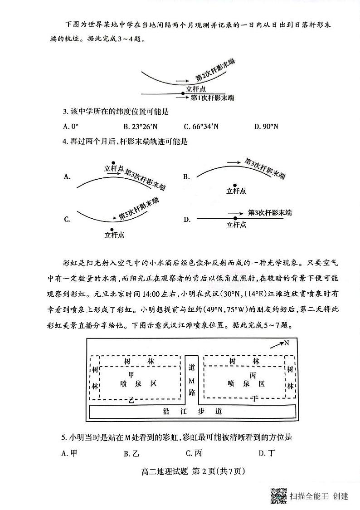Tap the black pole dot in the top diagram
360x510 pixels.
(183, 93)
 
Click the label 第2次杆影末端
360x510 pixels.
(215, 76)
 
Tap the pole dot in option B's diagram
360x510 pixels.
(235, 185)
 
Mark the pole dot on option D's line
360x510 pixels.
(235, 218)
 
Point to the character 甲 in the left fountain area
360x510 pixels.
(131, 375)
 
